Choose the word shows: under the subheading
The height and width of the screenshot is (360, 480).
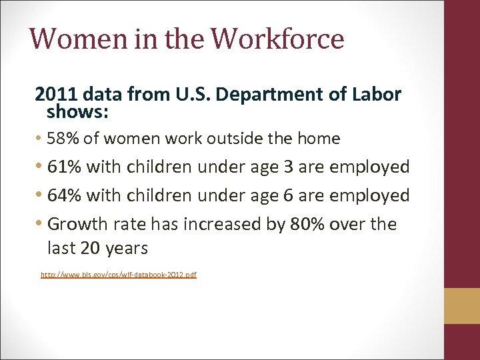(78, 112)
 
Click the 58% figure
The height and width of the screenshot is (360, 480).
(65, 139)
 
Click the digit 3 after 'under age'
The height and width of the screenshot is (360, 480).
(288, 167)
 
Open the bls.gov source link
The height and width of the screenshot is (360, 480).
(119, 275)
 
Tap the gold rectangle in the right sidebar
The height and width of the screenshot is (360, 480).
(462, 306)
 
